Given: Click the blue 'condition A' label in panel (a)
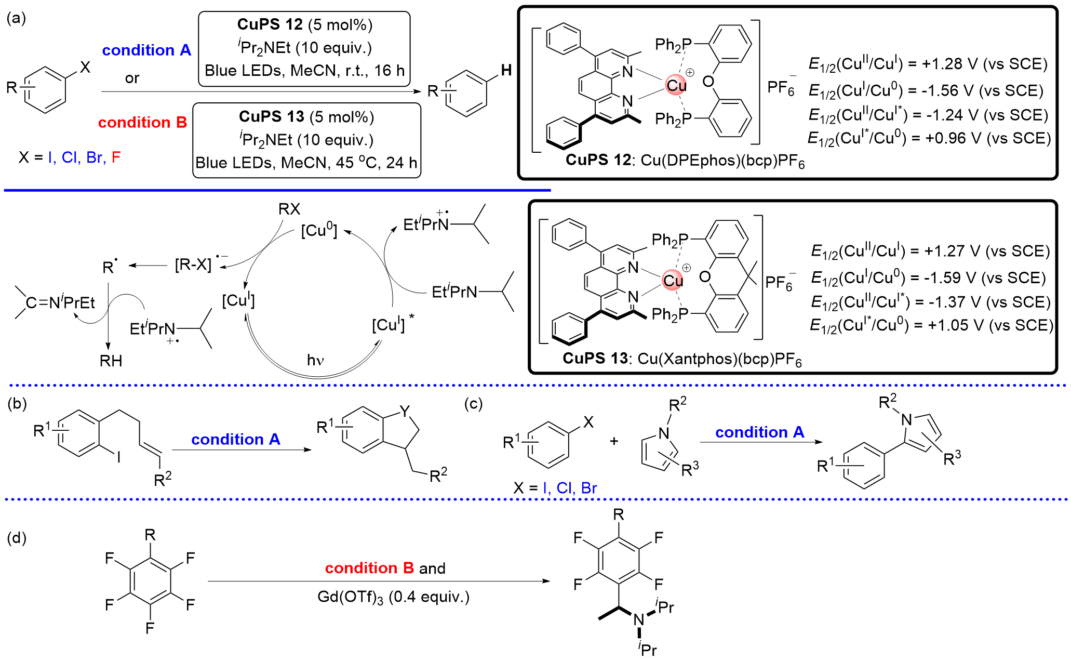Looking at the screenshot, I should pos(146,50).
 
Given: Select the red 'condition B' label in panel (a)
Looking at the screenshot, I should pos(142,123).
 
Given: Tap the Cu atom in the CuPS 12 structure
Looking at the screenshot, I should pos(676,86).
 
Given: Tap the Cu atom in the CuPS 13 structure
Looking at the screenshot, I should pos(673,281).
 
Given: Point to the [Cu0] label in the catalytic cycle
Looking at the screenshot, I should pos(319,230).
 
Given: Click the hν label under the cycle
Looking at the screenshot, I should pos(315,360).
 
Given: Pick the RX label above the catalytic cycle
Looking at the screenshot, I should pos(289,209).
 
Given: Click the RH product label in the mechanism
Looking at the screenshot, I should pos(111,361).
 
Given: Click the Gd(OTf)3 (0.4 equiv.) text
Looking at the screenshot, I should pos(393,597).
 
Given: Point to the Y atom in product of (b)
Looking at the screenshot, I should pos(405,412).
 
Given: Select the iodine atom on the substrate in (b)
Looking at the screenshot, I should pos(118,457).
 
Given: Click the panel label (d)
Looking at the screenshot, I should pos(17,537).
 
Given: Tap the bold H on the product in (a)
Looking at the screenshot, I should pos(506,70).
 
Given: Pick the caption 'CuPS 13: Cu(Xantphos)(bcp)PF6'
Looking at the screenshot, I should pos(682,359).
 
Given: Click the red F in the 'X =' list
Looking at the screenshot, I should pos(116,157).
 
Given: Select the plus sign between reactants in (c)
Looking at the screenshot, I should pos(614,441).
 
